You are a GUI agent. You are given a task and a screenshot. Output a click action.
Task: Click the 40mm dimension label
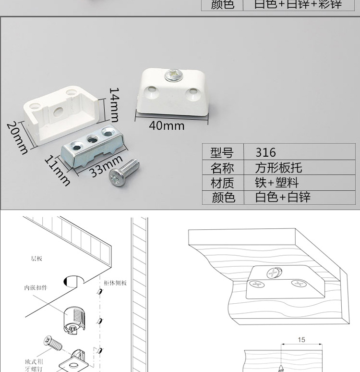click(x=167, y=126)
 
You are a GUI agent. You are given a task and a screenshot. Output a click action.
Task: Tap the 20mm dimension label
click(x=17, y=137)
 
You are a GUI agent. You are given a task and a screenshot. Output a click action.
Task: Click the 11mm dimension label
click(x=58, y=170)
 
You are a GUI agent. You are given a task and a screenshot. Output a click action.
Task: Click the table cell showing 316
click(x=265, y=152)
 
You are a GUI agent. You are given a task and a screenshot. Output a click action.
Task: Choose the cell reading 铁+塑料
click(x=277, y=183)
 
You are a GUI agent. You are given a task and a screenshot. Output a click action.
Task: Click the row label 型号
click(x=222, y=152)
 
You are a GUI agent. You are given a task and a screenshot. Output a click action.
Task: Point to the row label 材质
click(x=222, y=183)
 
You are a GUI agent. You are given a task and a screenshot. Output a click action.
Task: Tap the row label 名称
click(x=222, y=168)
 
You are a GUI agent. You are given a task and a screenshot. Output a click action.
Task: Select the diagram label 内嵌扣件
click(x=36, y=288)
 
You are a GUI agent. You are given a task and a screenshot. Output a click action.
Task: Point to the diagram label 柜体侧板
click(x=115, y=283)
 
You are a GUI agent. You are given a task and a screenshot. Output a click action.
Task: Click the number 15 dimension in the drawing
click(x=301, y=340)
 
